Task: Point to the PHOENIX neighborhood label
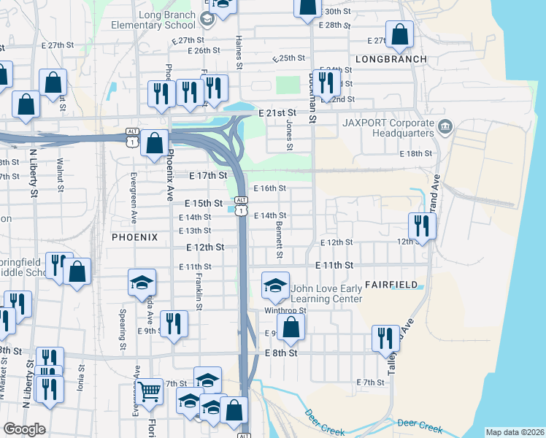134,237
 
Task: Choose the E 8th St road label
282,353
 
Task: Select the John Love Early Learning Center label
326,294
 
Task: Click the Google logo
24,429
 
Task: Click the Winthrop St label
291,310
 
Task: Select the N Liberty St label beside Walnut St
33,175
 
